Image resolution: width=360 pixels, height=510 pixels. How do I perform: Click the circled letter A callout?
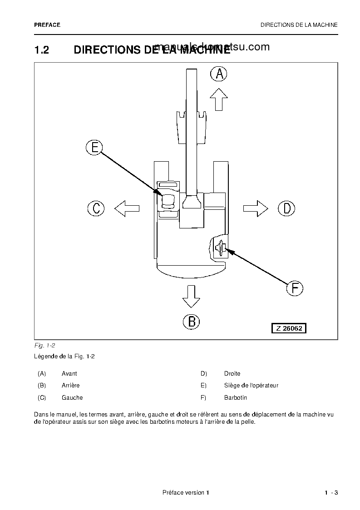point(219,74)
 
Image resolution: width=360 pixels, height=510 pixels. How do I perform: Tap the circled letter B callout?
point(191,322)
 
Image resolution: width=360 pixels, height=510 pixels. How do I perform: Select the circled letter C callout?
point(96,208)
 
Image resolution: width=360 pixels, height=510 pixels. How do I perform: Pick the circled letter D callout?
point(286,208)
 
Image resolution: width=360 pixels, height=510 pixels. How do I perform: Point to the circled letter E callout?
point(94,147)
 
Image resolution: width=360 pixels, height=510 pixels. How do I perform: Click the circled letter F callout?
point(295,288)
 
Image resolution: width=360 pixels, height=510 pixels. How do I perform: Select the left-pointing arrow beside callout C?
point(127,208)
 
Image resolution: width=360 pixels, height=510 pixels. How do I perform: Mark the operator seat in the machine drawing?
point(168,200)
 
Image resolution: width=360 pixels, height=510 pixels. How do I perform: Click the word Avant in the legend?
point(69,374)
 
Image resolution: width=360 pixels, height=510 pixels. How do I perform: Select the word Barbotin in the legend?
point(236,398)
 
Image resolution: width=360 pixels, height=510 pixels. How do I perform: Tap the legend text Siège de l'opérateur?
point(251,386)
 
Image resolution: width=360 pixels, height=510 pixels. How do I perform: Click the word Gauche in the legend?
point(72,398)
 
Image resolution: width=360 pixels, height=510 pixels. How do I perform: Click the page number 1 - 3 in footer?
point(331,493)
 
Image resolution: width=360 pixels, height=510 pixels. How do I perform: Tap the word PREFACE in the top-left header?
point(47,25)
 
